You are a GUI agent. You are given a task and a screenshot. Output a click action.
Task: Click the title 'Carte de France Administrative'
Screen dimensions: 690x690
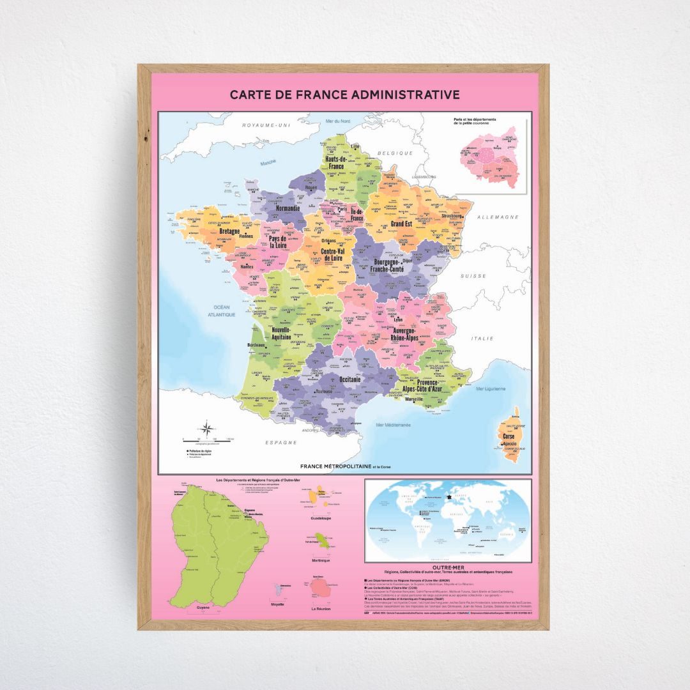coord(345,95)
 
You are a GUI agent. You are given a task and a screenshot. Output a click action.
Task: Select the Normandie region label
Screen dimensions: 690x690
coord(288,208)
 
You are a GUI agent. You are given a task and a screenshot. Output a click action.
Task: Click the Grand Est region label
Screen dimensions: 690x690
coord(401,224)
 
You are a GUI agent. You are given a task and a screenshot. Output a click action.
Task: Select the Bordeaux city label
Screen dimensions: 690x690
coord(256,346)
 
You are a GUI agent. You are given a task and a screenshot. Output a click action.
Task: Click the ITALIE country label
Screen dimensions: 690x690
coord(483,338)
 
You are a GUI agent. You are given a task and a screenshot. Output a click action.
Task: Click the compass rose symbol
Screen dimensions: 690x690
coord(208,429)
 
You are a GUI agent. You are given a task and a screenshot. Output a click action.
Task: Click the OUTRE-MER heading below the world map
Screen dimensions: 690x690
coord(447,566)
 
